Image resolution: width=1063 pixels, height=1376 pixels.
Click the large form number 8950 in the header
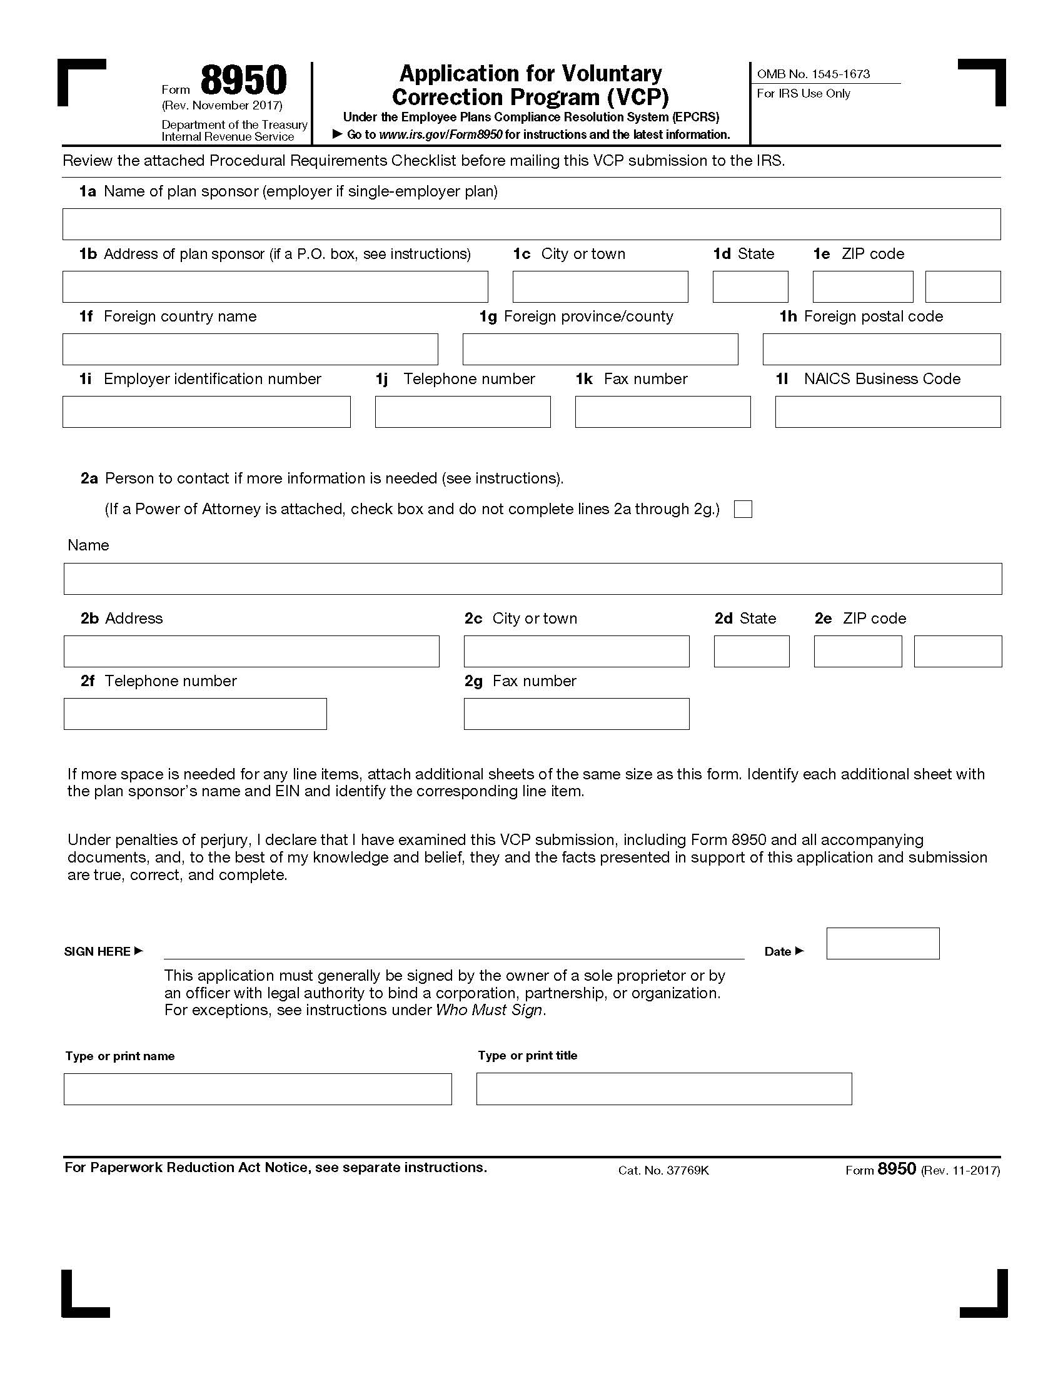tap(244, 81)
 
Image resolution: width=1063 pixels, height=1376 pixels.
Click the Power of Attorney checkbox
tap(743, 509)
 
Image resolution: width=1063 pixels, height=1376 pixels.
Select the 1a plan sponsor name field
tap(531, 225)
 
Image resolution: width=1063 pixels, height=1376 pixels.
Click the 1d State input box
tap(750, 286)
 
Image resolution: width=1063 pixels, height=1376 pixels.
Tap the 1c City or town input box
tap(600, 286)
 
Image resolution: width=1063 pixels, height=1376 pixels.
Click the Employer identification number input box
tap(206, 412)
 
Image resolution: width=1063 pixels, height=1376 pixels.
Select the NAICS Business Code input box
tap(887, 412)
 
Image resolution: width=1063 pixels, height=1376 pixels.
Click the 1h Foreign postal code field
tap(881, 350)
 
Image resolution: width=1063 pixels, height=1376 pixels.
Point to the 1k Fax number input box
tap(662, 412)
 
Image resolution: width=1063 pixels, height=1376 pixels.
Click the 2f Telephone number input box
tap(195, 714)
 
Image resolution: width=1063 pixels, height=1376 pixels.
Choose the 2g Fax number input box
tap(577, 714)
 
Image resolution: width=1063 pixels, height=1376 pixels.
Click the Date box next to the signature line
tap(882, 943)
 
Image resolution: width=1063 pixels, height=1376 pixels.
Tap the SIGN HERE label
tap(98, 951)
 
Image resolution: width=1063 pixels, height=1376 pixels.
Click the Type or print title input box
tap(663, 1089)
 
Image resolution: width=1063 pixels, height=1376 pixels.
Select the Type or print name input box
tap(258, 1089)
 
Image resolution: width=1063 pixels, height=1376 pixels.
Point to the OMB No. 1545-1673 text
tap(813, 74)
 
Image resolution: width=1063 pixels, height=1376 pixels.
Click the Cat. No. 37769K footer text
tap(663, 1171)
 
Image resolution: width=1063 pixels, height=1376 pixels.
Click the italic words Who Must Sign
tap(489, 1010)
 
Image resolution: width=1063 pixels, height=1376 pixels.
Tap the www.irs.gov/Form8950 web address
tap(441, 135)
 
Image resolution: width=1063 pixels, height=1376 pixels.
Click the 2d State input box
tap(751, 652)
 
